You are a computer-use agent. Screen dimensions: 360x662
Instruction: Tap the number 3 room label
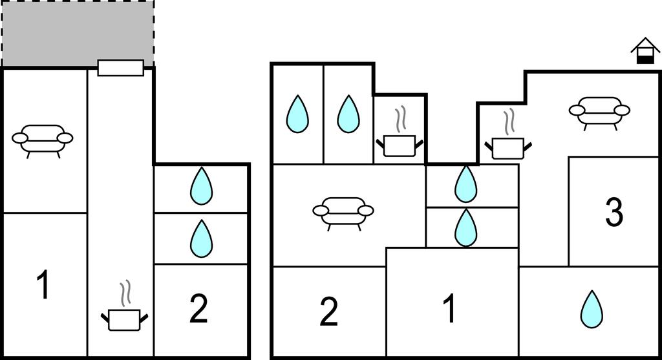tap(614, 213)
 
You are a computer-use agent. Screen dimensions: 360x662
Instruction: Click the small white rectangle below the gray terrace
tap(120, 68)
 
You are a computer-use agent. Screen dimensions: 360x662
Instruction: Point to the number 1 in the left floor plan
tap(43, 286)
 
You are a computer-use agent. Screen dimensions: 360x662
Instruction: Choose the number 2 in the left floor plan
tap(198, 310)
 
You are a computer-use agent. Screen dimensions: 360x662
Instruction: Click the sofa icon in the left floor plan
tap(43, 139)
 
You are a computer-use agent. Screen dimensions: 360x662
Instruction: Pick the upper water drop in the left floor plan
tap(201, 187)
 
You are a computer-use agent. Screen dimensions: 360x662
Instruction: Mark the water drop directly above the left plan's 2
tap(201, 238)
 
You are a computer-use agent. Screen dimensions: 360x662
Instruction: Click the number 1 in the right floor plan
tap(449, 308)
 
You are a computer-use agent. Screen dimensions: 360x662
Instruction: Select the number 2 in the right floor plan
tap(329, 312)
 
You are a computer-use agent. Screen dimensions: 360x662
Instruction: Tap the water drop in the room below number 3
tap(591, 309)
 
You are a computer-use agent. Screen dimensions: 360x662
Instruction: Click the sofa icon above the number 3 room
tap(599, 111)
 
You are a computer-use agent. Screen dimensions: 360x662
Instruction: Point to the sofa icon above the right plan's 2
tap(343, 212)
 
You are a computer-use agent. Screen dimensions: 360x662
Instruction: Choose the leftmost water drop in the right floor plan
tap(297, 114)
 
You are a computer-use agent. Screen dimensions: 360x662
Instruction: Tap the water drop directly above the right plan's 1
tap(465, 228)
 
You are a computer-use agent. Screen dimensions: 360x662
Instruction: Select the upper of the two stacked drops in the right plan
tap(465, 185)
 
